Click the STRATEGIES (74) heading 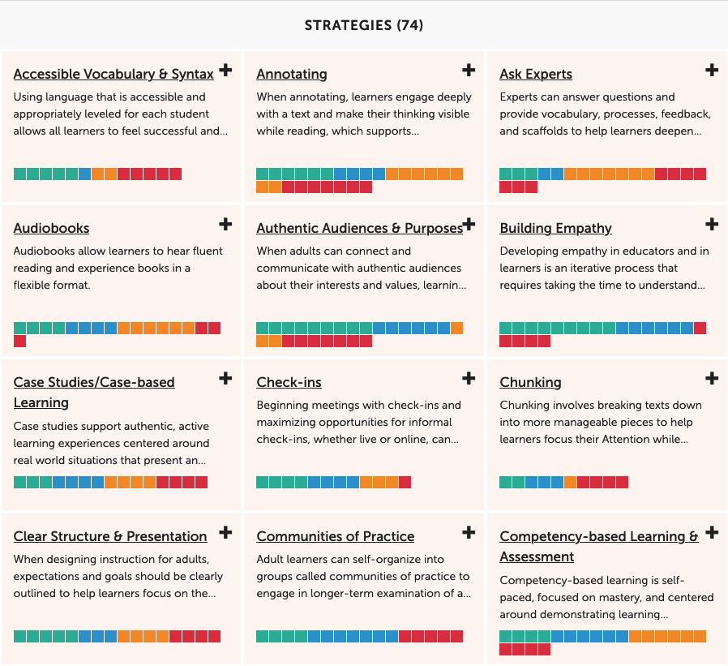click(363, 25)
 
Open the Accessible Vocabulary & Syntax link click(113, 74)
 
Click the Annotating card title click(292, 74)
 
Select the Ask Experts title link click(536, 74)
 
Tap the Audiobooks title click(51, 228)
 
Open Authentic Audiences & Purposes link click(359, 228)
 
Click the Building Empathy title click(555, 228)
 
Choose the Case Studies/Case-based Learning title click(94, 383)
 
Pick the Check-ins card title click(289, 382)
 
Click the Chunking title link click(530, 382)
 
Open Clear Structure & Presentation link click(110, 536)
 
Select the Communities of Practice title click(336, 536)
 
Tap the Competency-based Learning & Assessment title click(598, 537)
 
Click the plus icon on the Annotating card click(469, 71)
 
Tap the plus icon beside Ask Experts click(712, 71)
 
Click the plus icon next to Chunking click(712, 379)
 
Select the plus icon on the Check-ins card click(469, 379)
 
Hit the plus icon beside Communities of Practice click(469, 533)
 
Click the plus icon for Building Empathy click(712, 225)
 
